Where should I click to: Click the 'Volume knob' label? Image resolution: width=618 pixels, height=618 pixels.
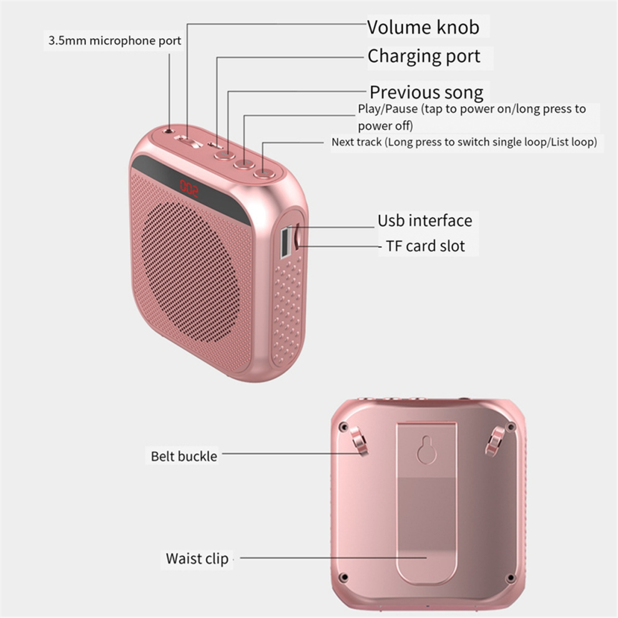click(x=423, y=27)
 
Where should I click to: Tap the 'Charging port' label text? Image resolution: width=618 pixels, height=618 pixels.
click(x=424, y=56)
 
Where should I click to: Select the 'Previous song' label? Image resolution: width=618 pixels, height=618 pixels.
click(x=426, y=92)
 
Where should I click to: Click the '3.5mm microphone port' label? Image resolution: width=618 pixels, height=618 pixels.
click(x=115, y=41)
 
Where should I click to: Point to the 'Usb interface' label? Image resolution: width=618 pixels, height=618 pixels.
click(x=424, y=221)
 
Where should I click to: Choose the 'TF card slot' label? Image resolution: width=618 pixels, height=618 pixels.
click(x=425, y=246)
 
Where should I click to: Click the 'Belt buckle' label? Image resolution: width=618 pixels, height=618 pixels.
click(x=184, y=456)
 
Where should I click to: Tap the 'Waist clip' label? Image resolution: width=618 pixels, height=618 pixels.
click(x=197, y=559)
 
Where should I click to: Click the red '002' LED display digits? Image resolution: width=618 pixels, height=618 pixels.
click(x=189, y=188)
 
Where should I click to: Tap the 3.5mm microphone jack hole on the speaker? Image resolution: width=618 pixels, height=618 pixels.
click(x=169, y=130)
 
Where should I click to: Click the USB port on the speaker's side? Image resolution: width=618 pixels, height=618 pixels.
click(x=285, y=243)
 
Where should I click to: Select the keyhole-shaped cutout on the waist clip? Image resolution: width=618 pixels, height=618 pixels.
click(x=426, y=449)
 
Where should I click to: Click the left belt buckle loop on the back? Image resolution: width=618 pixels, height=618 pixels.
click(x=360, y=441)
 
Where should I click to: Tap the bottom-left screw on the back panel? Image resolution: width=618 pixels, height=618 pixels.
click(x=344, y=577)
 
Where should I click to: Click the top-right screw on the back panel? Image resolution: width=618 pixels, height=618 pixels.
click(x=511, y=427)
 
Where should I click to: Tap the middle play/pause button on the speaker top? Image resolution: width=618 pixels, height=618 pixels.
click(x=244, y=162)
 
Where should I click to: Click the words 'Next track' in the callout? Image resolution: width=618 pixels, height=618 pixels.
click(x=356, y=142)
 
